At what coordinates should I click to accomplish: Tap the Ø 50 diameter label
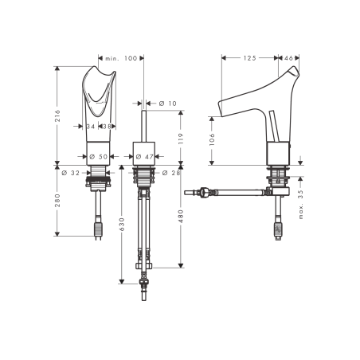(98, 156)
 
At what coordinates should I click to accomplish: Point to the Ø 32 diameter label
(72, 171)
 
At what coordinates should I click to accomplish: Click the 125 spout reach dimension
(249, 57)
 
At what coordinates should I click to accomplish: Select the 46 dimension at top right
(288, 57)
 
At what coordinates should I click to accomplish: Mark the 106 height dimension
(213, 138)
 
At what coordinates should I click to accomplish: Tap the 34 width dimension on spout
(90, 126)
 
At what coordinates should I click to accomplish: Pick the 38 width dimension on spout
(108, 126)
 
